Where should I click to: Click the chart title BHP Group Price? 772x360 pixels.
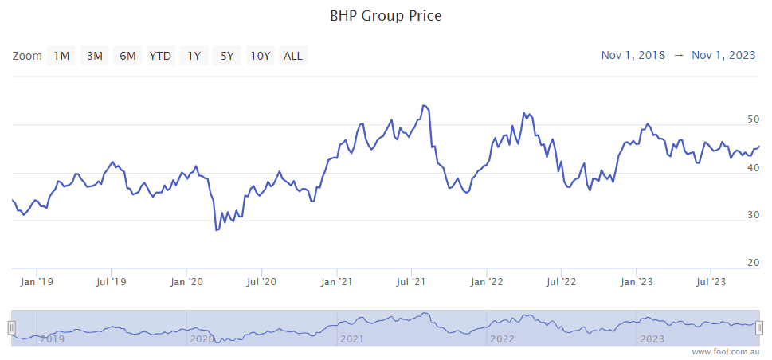click(386, 15)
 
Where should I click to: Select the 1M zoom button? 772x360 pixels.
click(61, 56)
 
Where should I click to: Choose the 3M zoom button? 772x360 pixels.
click(95, 56)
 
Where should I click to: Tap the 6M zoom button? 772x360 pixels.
click(127, 56)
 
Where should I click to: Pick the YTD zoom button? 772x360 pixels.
click(160, 56)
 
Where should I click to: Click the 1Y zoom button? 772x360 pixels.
click(194, 56)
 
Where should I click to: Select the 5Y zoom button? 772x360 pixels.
click(227, 56)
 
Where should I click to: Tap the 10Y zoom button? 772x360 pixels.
click(261, 56)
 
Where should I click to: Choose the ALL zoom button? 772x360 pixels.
click(293, 56)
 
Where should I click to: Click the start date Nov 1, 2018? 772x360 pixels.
click(633, 55)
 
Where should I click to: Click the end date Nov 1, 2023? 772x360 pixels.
click(723, 55)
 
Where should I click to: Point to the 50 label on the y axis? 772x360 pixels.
click(753, 119)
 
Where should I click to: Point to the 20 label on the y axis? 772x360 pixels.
click(753, 263)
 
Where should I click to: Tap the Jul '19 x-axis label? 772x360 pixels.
click(112, 281)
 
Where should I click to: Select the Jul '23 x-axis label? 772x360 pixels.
click(711, 281)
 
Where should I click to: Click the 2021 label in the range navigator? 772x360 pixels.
click(351, 339)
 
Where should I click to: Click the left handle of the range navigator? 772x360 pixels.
click(12, 327)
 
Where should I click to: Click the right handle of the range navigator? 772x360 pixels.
click(759, 327)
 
